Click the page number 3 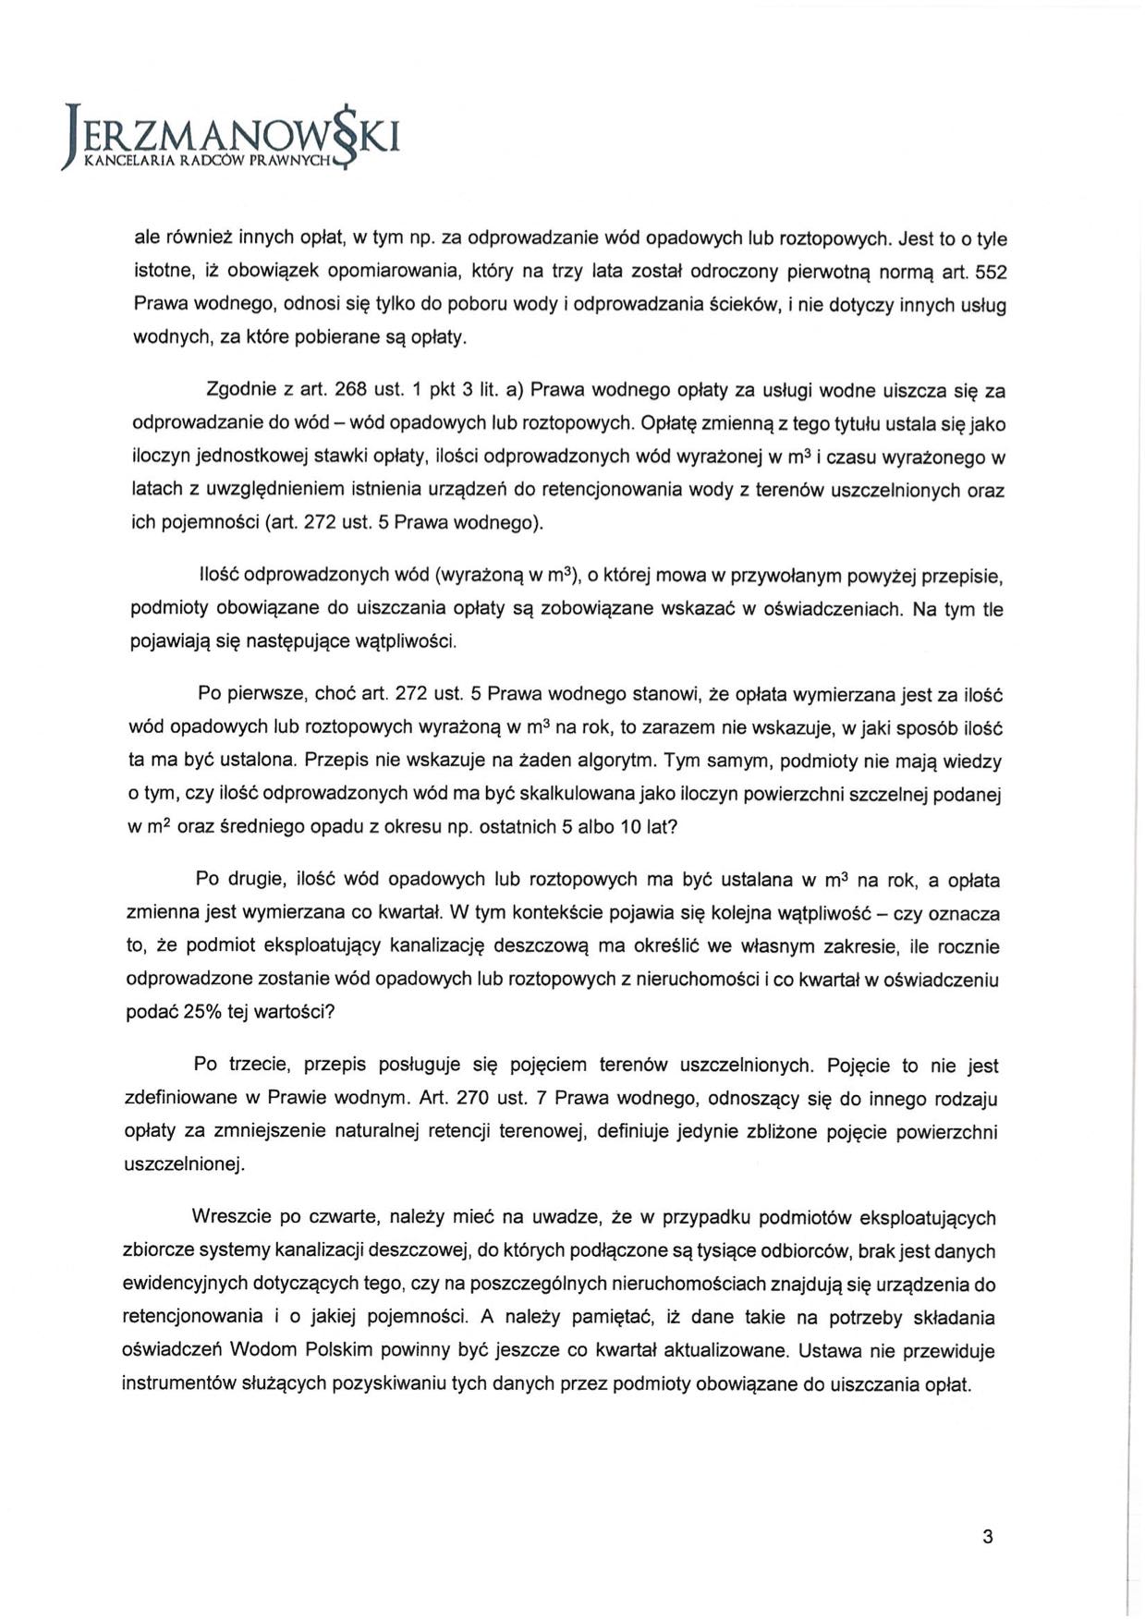click(x=988, y=1538)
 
